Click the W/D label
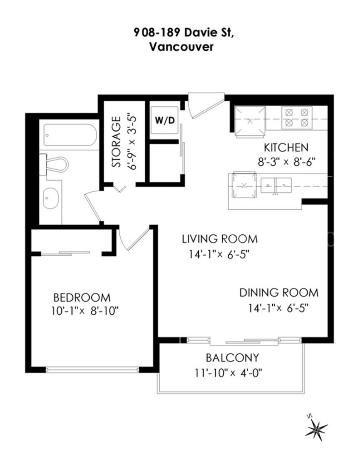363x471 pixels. click(x=165, y=120)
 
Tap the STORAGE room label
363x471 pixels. click(x=117, y=142)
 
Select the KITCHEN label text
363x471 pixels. click(x=286, y=148)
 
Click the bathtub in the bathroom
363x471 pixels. click(x=70, y=135)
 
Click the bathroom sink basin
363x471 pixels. click(x=51, y=198)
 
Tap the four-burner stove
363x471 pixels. click(x=297, y=118)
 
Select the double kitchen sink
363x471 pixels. click(x=276, y=185)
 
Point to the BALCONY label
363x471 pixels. click(x=232, y=358)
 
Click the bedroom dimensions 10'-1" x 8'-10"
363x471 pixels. click(x=85, y=311)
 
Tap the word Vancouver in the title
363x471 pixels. click(x=181, y=47)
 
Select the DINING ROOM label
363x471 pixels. click(x=279, y=293)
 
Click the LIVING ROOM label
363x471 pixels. click(x=220, y=239)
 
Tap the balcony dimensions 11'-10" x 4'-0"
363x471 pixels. click(x=228, y=373)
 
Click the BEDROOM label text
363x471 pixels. click(x=82, y=297)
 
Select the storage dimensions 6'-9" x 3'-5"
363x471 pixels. click(x=132, y=141)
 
